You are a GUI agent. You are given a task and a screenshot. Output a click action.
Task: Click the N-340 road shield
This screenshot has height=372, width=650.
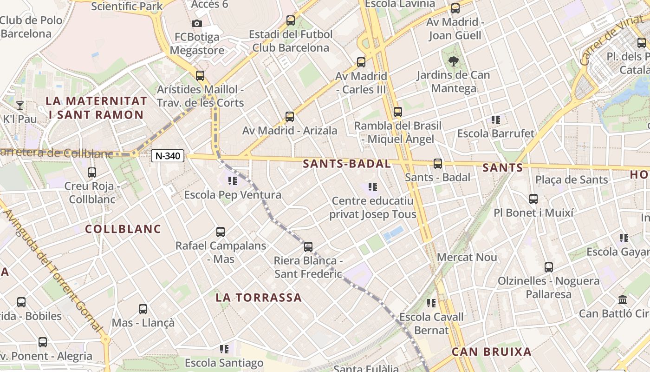tap(168, 156)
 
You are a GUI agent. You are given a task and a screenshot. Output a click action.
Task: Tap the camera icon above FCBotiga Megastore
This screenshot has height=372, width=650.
tap(196, 23)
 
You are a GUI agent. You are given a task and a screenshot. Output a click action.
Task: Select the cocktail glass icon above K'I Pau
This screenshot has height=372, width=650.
tap(20, 105)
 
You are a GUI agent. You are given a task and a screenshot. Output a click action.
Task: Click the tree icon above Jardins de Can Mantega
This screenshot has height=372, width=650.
tap(453, 61)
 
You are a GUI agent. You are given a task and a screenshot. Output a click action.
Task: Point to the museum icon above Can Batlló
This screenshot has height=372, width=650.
tap(623, 299)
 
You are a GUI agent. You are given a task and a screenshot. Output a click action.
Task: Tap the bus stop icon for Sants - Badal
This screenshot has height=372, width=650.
tap(437, 164)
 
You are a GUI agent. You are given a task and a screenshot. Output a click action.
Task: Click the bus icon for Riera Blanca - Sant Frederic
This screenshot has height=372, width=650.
tap(308, 246)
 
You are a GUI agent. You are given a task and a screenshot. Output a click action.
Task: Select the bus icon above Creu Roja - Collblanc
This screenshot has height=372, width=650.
tap(92, 173)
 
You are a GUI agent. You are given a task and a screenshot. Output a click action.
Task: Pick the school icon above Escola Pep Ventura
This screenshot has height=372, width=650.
tap(232, 180)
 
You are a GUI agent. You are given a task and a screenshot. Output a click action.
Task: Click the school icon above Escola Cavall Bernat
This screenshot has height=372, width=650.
tap(431, 303)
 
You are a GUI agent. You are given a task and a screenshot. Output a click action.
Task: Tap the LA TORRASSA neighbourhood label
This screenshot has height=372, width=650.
tap(259, 298)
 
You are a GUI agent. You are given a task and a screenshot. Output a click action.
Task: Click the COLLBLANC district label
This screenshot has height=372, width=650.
tap(123, 229)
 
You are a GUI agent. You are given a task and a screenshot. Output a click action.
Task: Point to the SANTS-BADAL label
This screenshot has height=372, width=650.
tap(347, 164)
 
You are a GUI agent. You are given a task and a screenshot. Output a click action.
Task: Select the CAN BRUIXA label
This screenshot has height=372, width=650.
tap(492, 352)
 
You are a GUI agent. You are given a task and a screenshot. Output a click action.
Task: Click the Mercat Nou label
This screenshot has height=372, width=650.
tap(467, 257)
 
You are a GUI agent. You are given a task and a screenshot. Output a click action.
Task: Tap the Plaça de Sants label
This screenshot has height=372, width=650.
tap(571, 180)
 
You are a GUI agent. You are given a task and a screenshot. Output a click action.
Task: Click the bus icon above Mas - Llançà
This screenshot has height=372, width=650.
tap(143, 309)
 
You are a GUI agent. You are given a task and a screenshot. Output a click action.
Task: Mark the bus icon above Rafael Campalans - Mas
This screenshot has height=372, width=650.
tap(221, 232)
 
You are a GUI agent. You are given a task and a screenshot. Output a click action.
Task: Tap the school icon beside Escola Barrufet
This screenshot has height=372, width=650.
tap(496, 120)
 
